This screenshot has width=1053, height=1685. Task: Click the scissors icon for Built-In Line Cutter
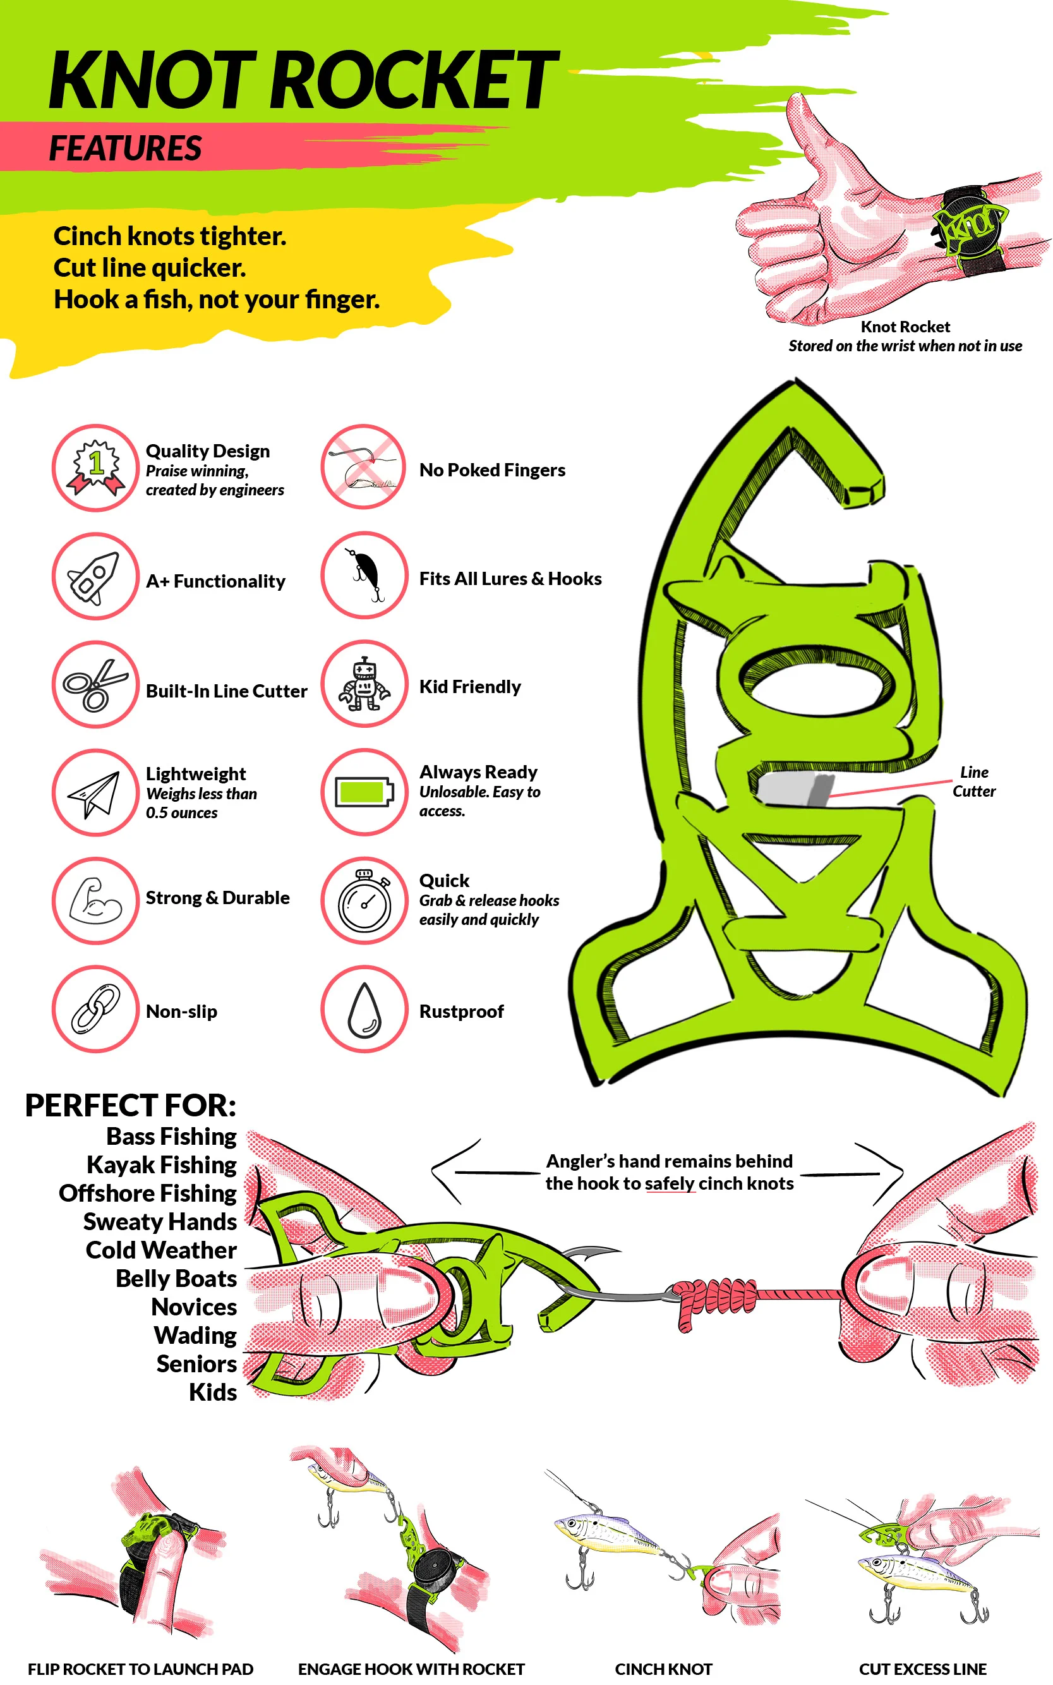pos(95,685)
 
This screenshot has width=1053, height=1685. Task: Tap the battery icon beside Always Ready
pos(364,792)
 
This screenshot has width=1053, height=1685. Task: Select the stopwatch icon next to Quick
pos(364,902)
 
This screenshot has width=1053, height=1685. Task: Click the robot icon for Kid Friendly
pos(364,684)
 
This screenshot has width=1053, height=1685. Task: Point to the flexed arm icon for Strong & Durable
pos(95,901)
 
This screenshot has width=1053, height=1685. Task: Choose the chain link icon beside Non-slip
pos(95,1008)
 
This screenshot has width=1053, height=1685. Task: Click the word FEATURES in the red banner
pos(125,148)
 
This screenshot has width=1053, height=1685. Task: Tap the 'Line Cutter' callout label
pos(973,782)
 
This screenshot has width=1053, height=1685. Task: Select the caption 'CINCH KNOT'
pos(663,1669)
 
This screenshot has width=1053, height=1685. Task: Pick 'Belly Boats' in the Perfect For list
pos(176,1278)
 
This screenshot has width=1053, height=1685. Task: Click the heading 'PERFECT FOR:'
pos(131,1106)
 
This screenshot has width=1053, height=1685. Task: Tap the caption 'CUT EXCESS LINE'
pos(922,1669)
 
